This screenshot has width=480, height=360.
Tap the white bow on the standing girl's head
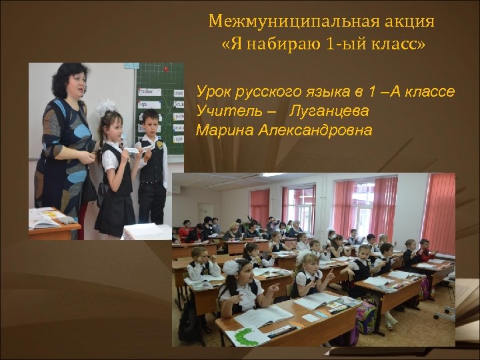coord(106,107)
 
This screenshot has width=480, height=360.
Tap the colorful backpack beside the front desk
coord(365,317)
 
